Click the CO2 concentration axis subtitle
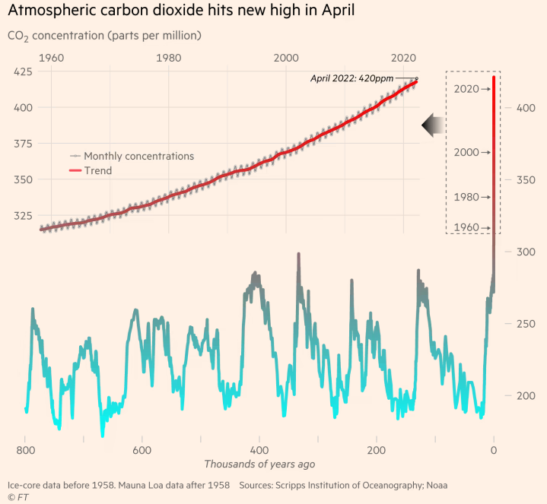[104, 36]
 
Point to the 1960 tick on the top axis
[51, 58]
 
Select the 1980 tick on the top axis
[169, 58]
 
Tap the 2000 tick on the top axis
[286, 58]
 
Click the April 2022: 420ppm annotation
[352, 78]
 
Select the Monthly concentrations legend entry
[138, 156]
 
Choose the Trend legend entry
[97, 171]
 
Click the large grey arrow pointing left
[434, 125]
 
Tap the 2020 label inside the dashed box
[466, 89]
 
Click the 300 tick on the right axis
[526, 252]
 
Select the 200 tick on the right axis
[526, 396]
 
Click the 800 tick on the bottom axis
[25, 449]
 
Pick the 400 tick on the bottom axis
[259, 449]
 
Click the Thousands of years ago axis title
[259, 464]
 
